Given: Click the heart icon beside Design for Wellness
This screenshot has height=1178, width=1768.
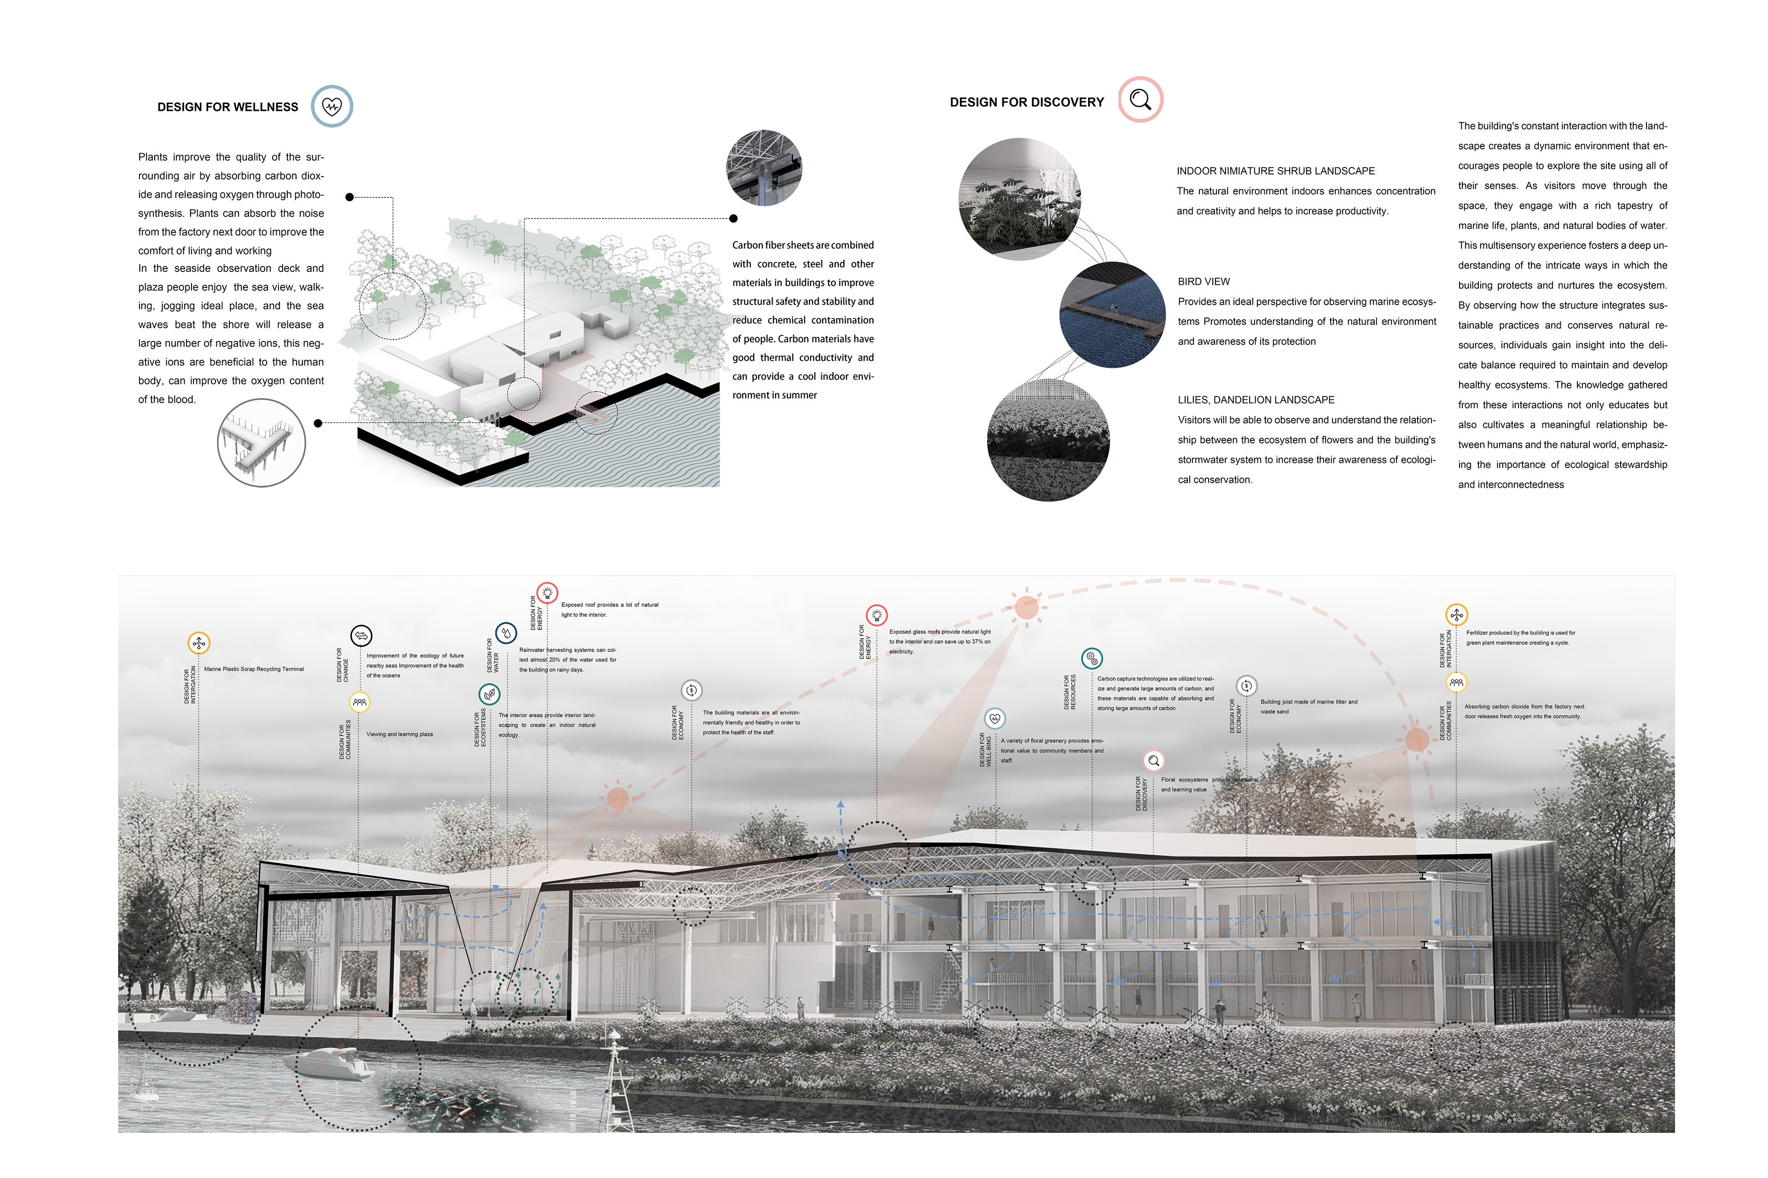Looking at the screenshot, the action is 331,106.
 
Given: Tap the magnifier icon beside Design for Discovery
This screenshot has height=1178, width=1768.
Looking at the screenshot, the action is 1140,99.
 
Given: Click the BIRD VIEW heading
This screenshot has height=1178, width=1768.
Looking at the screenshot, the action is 1204,282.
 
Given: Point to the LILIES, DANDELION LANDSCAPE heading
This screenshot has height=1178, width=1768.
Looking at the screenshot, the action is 1256,400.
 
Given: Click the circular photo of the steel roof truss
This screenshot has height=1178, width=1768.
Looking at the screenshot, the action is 764,167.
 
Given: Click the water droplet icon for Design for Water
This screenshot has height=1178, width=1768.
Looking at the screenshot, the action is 506,633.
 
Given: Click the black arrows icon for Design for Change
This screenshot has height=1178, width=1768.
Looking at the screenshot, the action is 361,635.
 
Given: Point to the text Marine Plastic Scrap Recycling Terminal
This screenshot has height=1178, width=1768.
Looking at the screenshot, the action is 254,669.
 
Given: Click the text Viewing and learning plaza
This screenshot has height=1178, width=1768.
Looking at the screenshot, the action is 399,734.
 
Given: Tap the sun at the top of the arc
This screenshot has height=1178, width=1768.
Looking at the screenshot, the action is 1026,607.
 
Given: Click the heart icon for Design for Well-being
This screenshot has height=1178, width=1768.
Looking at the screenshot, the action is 994,718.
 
